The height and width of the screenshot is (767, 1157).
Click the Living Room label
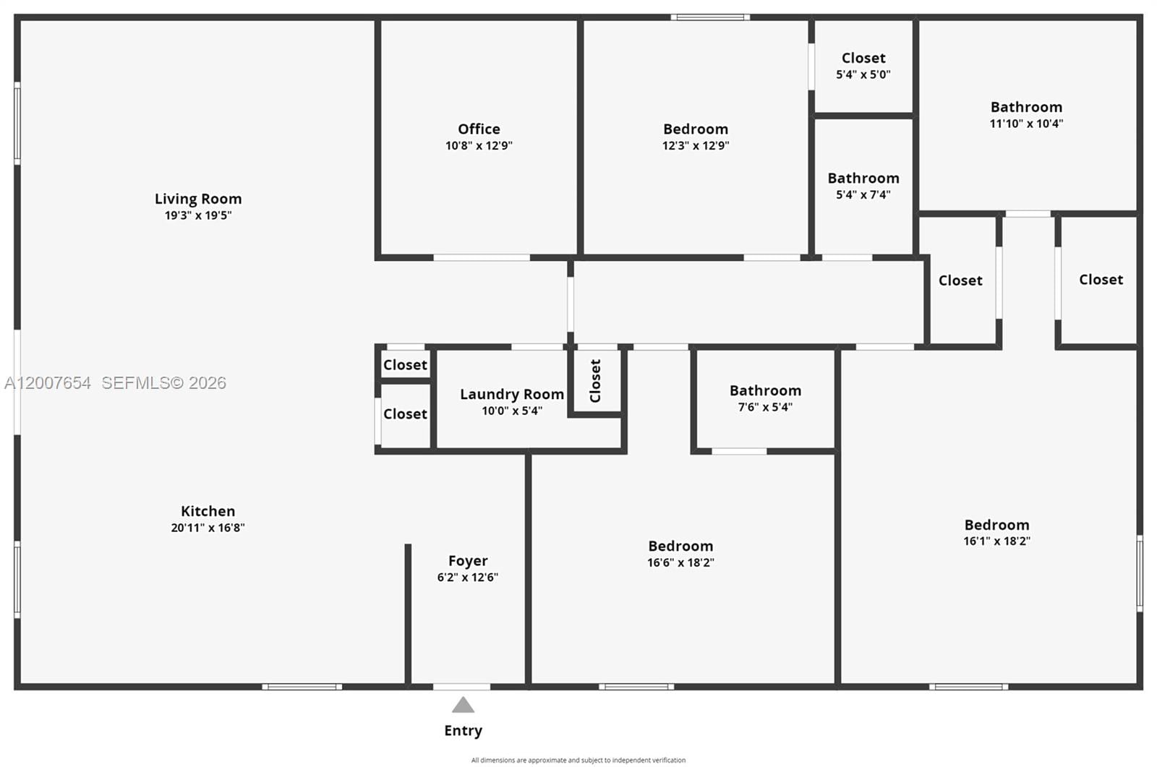198,199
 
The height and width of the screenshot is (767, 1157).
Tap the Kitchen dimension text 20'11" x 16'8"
208,528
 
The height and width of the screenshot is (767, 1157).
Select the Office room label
479,129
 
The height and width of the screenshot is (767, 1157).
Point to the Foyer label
468,561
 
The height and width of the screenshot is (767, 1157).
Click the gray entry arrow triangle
463,705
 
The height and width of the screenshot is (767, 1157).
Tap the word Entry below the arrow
463,731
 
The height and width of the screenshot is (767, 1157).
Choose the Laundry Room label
511,394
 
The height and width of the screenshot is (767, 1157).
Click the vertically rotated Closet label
595,381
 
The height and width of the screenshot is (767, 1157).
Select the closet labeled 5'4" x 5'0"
863,65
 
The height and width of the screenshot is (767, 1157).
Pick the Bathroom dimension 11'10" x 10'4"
1026,124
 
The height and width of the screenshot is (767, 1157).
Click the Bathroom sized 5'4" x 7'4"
863,185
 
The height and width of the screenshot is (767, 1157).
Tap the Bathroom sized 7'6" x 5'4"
765,398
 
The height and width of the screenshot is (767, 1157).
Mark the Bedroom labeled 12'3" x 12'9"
696,136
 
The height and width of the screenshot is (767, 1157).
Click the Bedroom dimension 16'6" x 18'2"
680,562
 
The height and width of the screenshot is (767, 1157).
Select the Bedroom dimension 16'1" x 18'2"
996,541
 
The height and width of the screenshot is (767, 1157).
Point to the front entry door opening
461,686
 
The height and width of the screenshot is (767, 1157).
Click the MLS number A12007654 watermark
48,383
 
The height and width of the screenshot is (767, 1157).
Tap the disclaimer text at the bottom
578,760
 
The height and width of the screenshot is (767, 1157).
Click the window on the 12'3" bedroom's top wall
709,17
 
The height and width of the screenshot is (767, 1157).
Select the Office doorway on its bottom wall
482,257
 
